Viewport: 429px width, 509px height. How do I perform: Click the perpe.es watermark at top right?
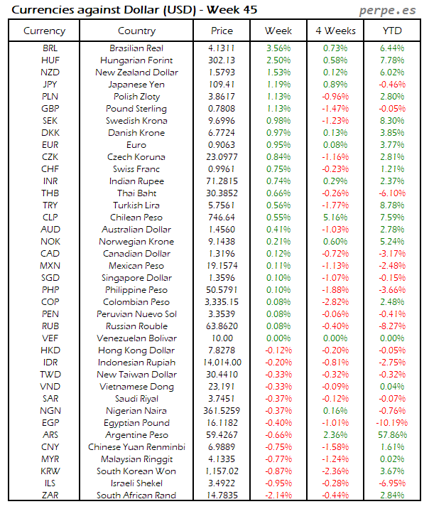point(389,11)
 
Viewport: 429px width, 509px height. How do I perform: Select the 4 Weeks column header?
point(335,31)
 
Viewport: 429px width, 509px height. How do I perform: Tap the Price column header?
point(222,31)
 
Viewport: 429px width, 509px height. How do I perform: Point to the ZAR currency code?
point(50,495)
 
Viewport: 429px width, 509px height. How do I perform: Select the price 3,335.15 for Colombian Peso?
point(222,302)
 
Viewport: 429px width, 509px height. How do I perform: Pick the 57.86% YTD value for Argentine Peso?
point(393,435)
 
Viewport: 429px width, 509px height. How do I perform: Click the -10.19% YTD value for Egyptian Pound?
point(393,423)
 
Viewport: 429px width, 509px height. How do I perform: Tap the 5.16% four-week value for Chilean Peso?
point(335,218)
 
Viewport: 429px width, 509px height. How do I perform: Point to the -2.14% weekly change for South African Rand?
point(278,495)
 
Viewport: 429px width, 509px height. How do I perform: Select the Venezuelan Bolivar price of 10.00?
point(222,338)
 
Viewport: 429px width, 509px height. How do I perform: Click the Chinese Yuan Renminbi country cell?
point(137,447)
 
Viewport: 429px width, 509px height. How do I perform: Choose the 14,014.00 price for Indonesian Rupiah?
point(222,363)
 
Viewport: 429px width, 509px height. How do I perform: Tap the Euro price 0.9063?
point(222,145)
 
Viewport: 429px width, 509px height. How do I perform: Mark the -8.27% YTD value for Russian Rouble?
point(393,326)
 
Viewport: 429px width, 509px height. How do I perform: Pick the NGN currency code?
point(50,411)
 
